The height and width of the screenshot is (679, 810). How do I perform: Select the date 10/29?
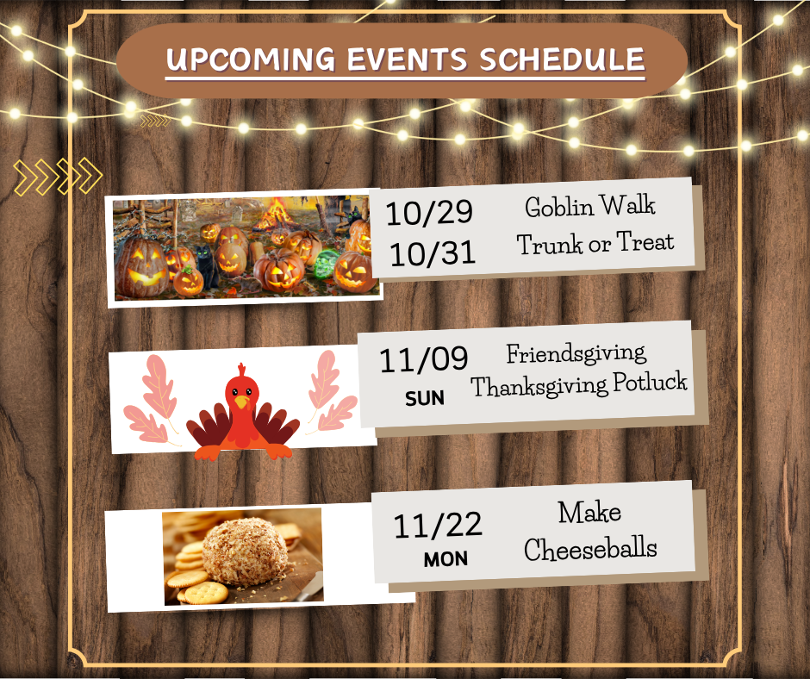click(x=428, y=213)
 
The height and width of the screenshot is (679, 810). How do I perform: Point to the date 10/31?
click(x=432, y=253)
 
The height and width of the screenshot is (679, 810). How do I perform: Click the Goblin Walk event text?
click(x=590, y=207)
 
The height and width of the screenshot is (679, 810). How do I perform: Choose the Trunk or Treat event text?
click(x=595, y=244)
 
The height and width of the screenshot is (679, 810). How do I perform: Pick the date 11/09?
click(x=424, y=360)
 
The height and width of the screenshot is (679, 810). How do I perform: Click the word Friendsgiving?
click(x=576, y=353)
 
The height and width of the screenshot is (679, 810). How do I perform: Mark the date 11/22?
click(x=438, y=525)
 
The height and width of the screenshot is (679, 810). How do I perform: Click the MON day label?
click(x=445, y=560)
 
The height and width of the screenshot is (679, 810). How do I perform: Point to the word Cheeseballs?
click(x=591, y=549)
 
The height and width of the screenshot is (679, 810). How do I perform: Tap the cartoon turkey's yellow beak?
click(x=242, y=401)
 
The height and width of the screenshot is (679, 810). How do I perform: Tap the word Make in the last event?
click(x=589, y=513)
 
